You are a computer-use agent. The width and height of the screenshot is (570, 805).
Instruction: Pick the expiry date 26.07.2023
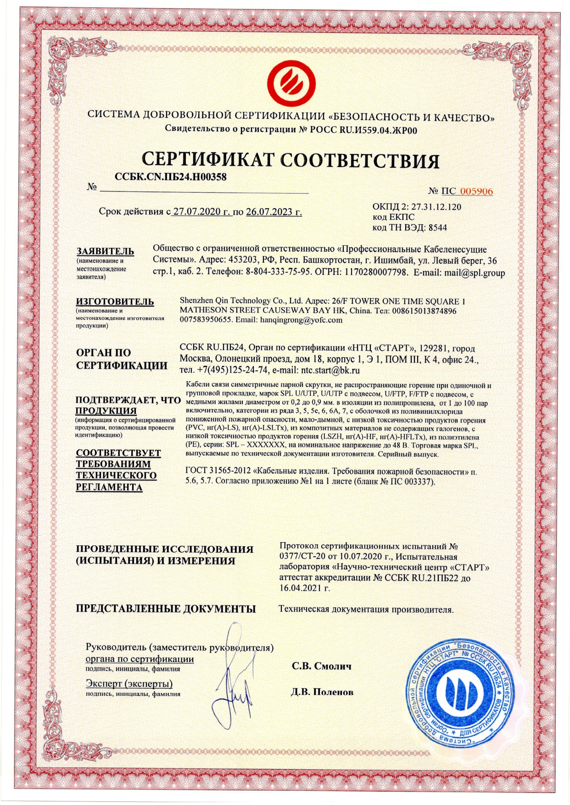[274, 212]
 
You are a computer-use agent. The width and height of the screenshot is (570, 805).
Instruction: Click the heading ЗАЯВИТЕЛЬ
[105, 251]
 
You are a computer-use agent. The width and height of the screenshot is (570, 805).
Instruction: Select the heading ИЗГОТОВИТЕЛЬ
[115, 302]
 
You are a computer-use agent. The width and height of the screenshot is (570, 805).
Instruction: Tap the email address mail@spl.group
[475, 273]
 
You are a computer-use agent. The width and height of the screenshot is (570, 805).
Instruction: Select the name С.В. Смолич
[321, 666]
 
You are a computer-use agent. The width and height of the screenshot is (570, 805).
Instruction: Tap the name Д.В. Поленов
[322, 692]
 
